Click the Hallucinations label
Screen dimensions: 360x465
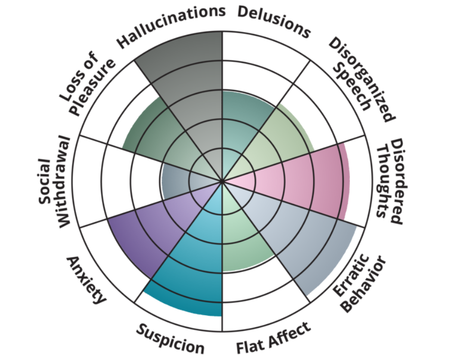pos(171,27)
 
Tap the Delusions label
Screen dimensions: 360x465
pos(273,22)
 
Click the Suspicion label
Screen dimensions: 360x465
pos(170,338)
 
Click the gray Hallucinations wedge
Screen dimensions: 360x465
pos(194,91)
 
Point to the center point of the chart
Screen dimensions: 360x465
pos(222,181)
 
